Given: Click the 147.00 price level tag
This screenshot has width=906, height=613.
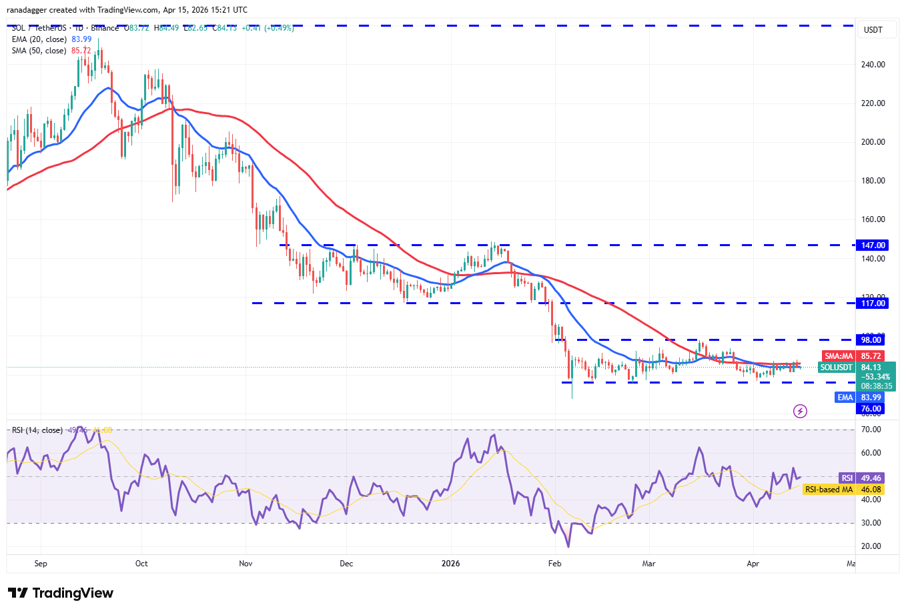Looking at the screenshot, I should [873, 245].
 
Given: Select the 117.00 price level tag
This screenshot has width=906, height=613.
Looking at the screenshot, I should [873, 303].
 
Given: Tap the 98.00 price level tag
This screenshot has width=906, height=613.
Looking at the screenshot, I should [871, 340].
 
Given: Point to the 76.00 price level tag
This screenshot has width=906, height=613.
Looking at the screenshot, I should [871, 409].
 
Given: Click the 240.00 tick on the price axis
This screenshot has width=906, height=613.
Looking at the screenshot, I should [873, 65].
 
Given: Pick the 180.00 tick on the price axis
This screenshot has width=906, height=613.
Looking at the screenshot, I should [873, 181].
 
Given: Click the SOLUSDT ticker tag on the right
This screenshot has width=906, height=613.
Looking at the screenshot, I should [837, 368].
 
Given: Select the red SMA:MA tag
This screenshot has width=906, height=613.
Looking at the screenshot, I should [839, 356].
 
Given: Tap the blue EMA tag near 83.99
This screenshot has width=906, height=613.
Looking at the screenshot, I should [845, 398].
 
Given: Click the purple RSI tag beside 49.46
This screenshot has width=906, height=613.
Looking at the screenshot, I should [847, 478].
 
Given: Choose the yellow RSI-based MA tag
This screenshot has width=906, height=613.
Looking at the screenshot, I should [829, 490].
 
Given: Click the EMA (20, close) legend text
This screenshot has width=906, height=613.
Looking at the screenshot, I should [39, 39].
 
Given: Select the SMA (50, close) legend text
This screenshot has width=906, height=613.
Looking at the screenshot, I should [39, 51].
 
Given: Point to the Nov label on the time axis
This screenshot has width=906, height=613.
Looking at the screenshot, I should [246, 564].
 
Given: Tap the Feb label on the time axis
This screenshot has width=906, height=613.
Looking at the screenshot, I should [554, 564].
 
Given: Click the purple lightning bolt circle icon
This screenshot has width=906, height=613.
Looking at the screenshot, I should [800, 411].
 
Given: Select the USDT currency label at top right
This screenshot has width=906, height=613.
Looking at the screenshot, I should [873, 30].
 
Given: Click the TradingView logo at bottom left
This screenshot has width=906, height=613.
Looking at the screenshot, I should [61, 593].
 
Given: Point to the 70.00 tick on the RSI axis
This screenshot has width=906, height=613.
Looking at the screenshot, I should [871, 430].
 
